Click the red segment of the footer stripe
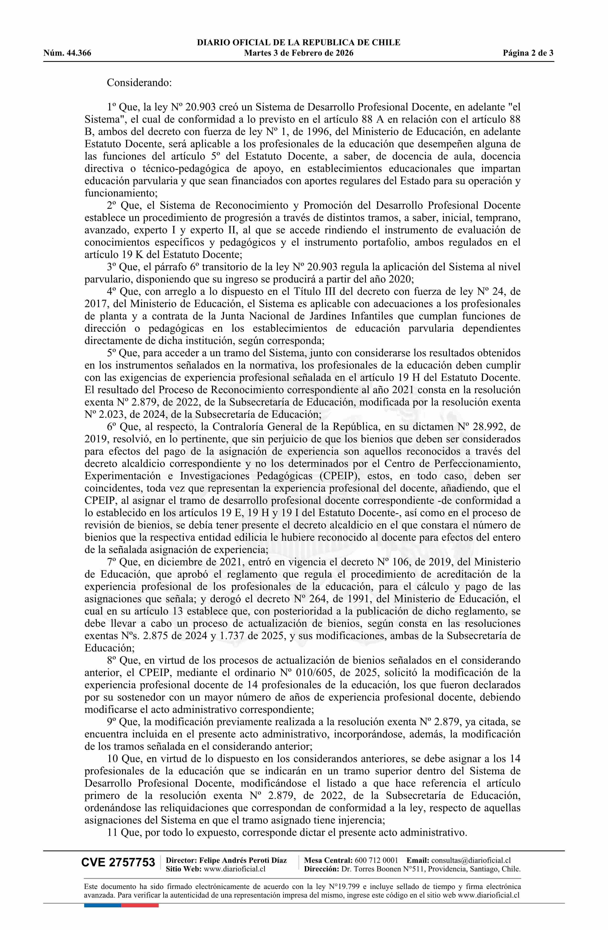pyautogui.click(x=140, y=905)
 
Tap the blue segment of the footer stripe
pyautogui.click(x=102, y=905)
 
